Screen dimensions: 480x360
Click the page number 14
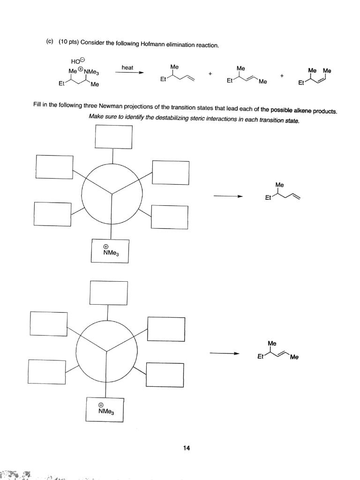point(187,449)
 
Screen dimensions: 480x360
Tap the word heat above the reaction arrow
point(127,68)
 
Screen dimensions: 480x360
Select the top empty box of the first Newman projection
point(113,136)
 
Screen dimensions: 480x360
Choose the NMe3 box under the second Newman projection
point(105,410)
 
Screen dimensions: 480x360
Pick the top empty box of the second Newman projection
point(109,293)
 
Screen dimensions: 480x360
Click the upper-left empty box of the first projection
point(54,167)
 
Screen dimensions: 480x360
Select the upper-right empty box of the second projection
point(166,329)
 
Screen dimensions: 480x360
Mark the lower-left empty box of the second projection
point(47,371)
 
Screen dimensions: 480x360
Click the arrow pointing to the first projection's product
point(227,197)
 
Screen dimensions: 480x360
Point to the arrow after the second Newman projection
point(224,353)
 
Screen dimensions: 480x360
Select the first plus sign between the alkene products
point(210,74)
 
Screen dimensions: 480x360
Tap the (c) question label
point(49,42)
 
